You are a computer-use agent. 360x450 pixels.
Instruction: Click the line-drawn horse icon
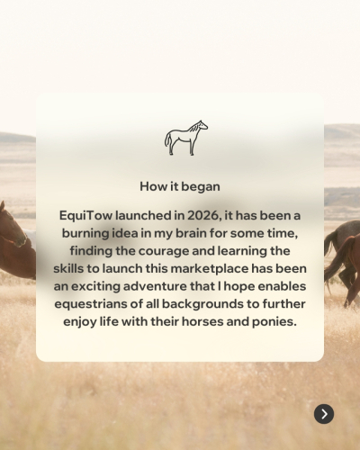186,138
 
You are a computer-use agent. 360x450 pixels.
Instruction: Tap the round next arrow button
324,414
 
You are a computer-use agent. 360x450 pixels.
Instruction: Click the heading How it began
180,186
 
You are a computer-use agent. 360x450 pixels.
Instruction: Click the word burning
85,234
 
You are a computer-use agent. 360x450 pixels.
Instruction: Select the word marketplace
210,269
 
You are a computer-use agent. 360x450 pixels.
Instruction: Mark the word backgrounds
202,304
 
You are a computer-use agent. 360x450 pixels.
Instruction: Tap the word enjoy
76,322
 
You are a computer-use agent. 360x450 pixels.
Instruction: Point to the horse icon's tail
167,140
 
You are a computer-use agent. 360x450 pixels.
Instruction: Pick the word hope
239,287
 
